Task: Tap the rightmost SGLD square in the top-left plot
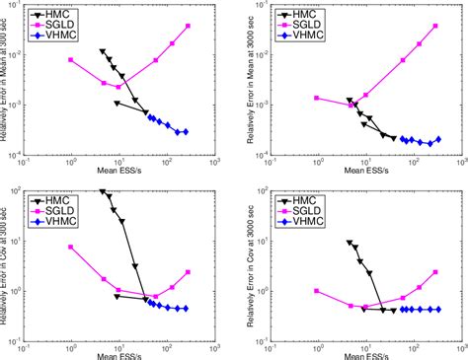point(188,26)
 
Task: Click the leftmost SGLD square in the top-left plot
point(71,60)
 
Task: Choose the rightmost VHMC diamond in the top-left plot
point(186,131)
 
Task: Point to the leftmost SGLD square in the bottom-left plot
point(71,247)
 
